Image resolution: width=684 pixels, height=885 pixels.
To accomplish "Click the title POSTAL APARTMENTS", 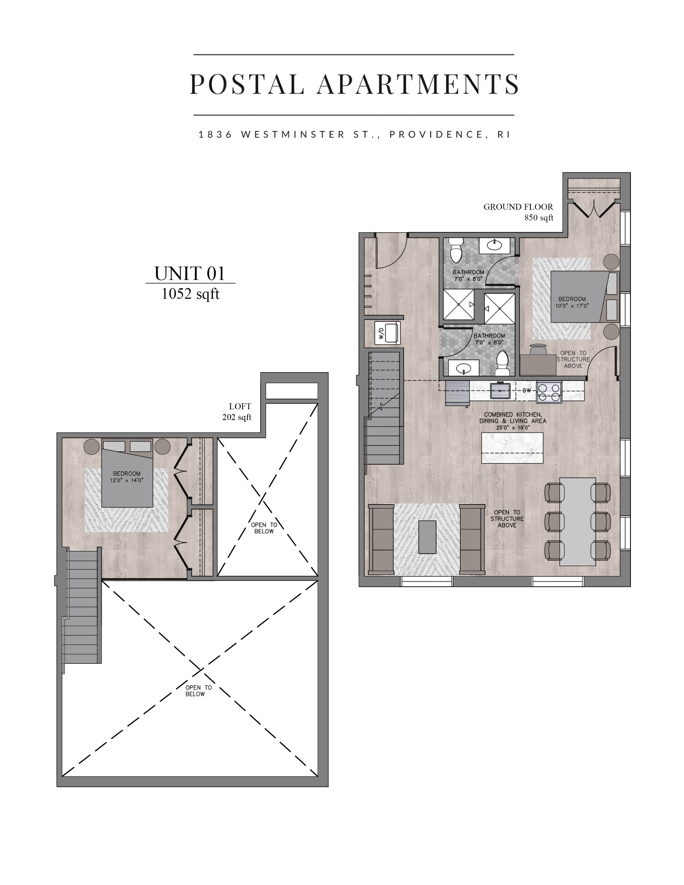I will [354, 84].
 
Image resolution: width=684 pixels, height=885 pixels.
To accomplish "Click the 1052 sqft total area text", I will [190, 294].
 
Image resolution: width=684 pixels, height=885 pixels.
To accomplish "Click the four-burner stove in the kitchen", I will [549, 392].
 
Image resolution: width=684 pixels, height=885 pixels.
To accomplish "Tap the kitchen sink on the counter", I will [500, 391].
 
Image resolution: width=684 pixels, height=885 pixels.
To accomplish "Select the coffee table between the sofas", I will [427, 537].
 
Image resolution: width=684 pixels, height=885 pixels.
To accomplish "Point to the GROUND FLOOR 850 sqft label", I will [519, 212].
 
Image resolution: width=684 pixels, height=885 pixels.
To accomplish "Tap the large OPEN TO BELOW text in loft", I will [195, 691].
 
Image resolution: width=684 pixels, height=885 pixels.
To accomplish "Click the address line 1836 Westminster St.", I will [354, 135].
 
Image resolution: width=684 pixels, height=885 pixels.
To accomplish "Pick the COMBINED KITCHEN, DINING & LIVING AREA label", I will [513, 421].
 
